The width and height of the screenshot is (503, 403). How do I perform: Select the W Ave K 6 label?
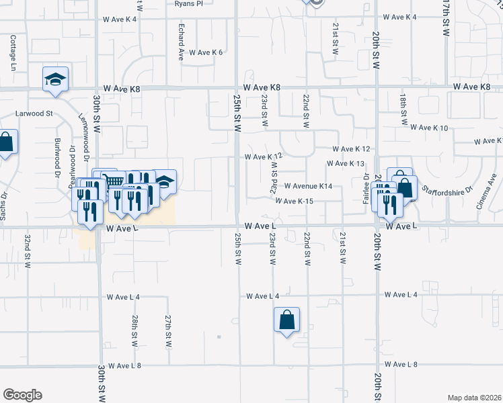point(205,52)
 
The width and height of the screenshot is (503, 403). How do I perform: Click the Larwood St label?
point(34,114)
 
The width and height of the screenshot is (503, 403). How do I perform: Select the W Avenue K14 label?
point(308,185)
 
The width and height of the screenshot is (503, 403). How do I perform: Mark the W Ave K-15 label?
point(294,201)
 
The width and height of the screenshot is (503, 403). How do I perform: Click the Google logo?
point(22,395)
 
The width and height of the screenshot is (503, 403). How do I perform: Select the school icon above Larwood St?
point(55,80)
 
